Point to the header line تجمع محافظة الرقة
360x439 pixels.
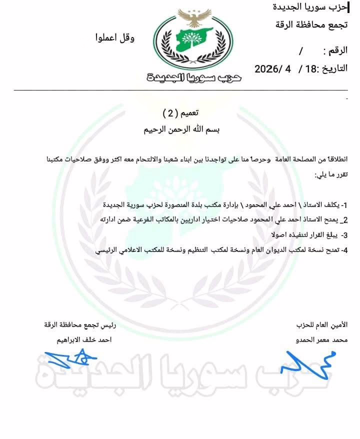click(311, 24)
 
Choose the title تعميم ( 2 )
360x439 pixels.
click(180, 113)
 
